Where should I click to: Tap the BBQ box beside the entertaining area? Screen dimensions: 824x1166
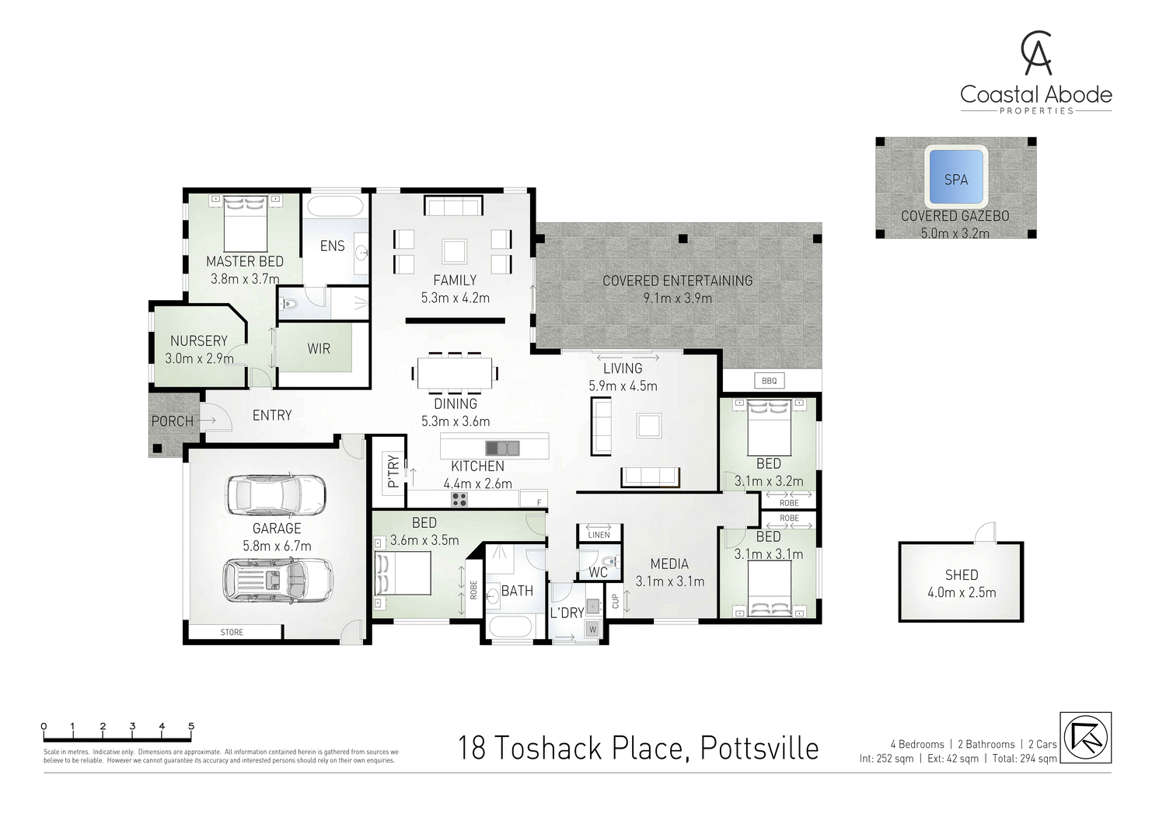click(x=769, y=381)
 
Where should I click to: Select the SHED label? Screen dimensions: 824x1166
click(x=961, y=574)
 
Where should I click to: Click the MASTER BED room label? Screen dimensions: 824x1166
click(x=244, y=261)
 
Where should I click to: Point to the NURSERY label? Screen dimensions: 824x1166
click(x=199, y=340)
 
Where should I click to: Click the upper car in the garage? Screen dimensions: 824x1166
click(x=276, y=494)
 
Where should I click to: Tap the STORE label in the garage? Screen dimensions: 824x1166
click(x=232, y=632)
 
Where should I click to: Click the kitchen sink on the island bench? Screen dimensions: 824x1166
click(x=502, y=448)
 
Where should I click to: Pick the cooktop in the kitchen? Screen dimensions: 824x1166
click(x=459, y=499)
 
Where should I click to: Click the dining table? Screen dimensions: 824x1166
click(x=455, y=372)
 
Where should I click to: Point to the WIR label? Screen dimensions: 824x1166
click(x=319, y=348)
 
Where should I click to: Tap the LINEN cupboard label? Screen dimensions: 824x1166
click(x=599, y=535)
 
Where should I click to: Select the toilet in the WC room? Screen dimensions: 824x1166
click(x=609, y=560)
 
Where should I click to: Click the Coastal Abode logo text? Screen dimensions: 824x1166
click(x=1035, y=95)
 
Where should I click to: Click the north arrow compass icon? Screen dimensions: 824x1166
click(x=1085, y=737)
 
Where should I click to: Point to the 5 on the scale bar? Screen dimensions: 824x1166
click(x=191, y=727)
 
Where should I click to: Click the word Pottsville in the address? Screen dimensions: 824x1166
click(x=759, y=748)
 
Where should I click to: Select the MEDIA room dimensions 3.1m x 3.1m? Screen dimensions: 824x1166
click(x=669, y=581)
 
